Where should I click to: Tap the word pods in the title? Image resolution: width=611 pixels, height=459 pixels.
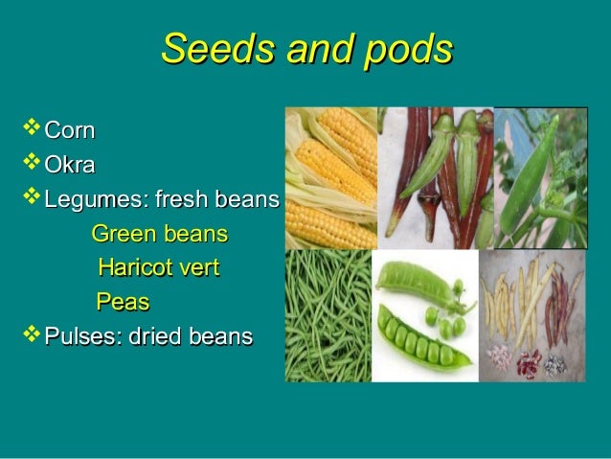pyautogui.click(x=404, y=50)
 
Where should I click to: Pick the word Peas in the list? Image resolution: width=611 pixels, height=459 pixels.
pyautogui.click(x=123, y=303)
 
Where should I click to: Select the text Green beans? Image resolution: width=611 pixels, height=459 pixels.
pyautogui.click(x=159, y=234)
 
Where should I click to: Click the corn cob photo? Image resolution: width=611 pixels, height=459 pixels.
pyautogui.click(x=330, y=178)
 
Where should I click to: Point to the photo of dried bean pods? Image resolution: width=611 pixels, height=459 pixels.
pyautogui.click(x=532, y=315)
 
